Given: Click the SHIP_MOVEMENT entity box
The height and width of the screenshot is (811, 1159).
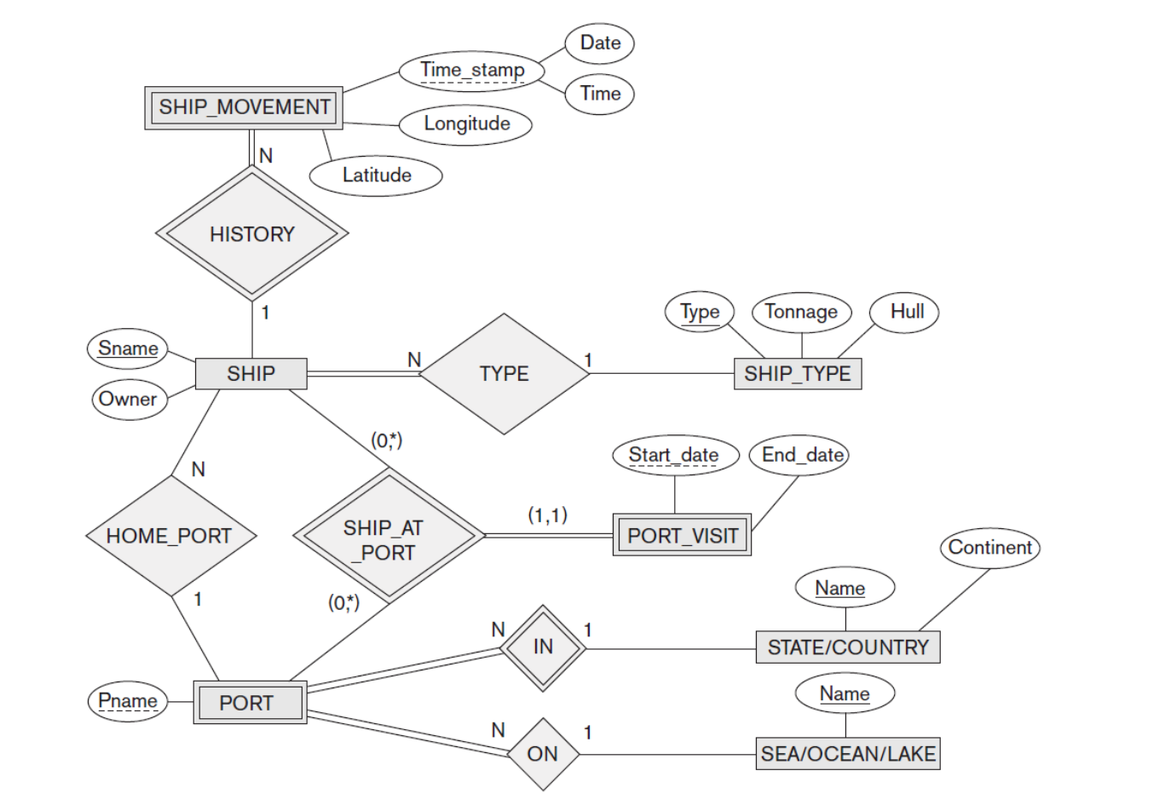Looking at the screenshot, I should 244,107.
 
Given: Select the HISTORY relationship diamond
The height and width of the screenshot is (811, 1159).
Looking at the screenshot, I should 251,233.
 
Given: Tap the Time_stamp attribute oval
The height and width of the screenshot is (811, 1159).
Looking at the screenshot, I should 472,70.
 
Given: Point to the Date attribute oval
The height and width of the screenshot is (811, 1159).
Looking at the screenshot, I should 600,43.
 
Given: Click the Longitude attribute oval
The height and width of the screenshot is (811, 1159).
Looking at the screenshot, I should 466,124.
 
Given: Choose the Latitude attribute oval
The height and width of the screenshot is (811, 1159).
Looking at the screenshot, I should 376,175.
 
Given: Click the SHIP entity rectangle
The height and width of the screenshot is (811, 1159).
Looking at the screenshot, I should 251,373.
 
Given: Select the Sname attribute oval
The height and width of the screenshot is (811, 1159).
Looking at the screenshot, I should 128,348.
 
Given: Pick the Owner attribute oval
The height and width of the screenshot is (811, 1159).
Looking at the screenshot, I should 128,399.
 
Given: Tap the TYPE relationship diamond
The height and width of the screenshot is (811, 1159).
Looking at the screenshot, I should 504,374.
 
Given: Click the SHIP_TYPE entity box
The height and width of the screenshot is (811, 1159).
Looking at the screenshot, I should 797,374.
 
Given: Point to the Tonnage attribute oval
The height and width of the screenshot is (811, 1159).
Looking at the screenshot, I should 801,312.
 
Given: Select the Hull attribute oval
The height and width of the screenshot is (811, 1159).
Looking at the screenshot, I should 906,312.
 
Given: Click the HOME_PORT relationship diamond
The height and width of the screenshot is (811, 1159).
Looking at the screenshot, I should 170,536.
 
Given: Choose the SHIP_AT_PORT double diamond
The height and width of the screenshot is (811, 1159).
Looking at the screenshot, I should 389,537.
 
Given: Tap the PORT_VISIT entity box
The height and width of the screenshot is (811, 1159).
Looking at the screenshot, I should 682,535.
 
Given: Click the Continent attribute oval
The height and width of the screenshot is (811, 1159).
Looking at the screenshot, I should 989,547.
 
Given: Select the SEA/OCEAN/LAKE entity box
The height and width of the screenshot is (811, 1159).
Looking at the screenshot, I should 849,754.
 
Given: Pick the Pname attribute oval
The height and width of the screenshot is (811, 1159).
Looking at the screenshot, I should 128,701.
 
